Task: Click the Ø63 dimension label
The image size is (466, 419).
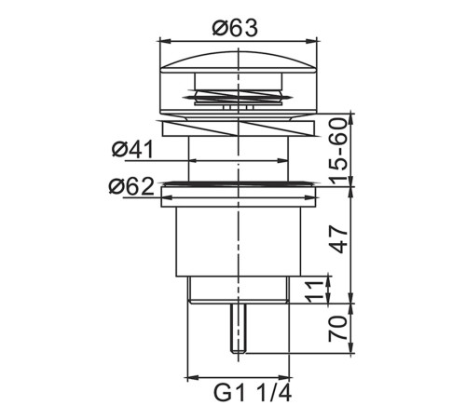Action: pyautogui.click(x=235, y=28)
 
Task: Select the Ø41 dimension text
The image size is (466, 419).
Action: pyautogui.click(x=132, y=149)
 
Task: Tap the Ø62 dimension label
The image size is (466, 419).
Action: pyautogui.click(x=131, y=186)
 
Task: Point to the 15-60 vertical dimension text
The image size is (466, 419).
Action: pyautogui.click(x=337, y=151)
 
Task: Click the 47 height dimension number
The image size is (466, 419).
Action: pyautogui.click(x=338, y=239)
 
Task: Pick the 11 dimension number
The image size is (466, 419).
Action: pyautogui.click(x=314, y=291)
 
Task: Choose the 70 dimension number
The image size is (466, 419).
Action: pyautogui.click(x=337, y=329)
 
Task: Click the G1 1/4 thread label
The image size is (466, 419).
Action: pyautogui.click(x=253, y=394)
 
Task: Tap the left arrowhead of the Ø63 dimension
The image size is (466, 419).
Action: pyautogui.click(x=165, y=41)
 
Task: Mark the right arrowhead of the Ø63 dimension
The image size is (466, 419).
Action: pyautogui.click(x=311, y=41)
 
